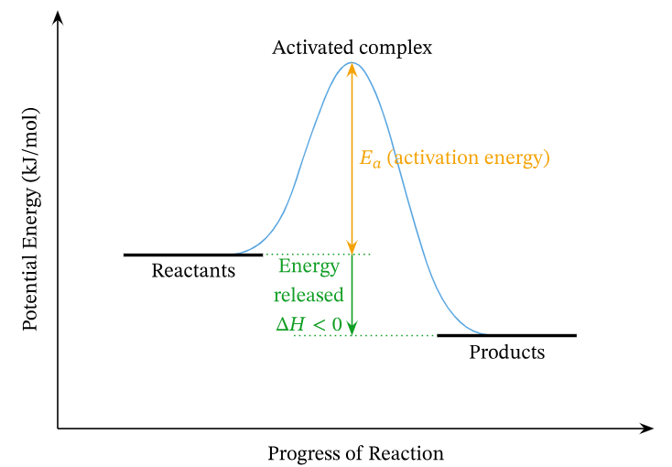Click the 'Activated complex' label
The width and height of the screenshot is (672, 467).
(x=352, y=47)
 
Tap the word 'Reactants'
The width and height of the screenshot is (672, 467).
(x=193, y=271)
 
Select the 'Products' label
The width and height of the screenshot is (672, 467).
(x=506, y=353)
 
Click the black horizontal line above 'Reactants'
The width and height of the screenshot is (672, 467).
(x=192, y=255)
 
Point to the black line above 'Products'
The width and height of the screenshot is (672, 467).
(x=506, y=336)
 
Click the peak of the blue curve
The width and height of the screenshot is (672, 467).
(x=352, y=62)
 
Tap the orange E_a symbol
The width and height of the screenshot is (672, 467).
(x=370, y=159)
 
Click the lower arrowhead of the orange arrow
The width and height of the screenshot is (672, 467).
(x=352, y=246)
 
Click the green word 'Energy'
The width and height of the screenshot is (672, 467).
(x=309, y=267)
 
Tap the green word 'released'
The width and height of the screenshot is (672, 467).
(x=309, y=295)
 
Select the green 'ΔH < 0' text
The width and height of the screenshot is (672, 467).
(x=309, y=323)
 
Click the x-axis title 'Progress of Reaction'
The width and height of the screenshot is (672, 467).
(x=355, y=454)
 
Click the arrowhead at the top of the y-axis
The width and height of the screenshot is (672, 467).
(x=59, y=17)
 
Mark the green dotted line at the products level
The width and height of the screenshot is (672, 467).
(x=385, y=336)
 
